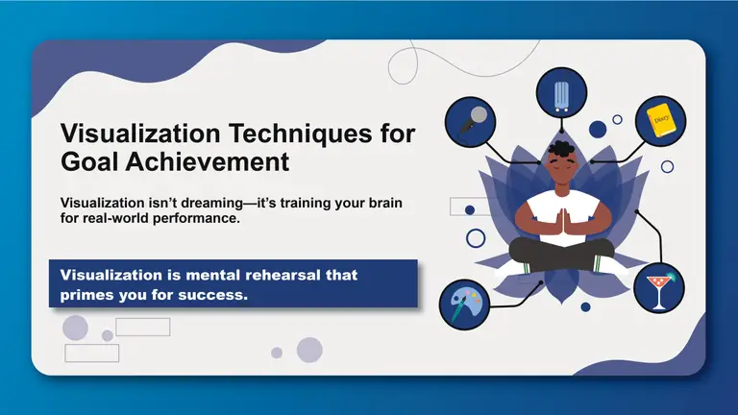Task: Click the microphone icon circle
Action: tap(470, 121)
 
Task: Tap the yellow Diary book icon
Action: tap(659, 120)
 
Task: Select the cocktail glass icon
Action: tap(659, 288)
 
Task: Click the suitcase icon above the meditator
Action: tap(562, 93)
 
